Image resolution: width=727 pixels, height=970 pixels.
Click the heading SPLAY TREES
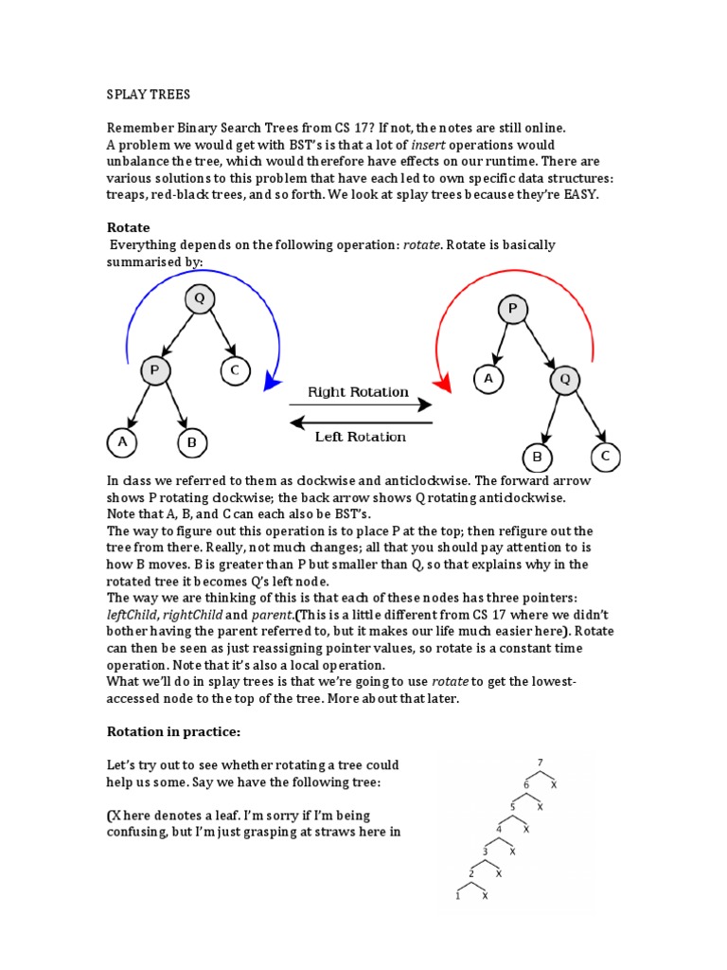[x=149, y=95]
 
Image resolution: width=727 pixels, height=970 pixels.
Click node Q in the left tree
[x=199, y=299]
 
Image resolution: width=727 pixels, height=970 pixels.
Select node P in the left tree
[x=155, y=370]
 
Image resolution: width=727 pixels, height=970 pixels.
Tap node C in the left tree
[x=234, y=370]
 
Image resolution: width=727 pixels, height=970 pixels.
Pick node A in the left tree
[x=122, y=441]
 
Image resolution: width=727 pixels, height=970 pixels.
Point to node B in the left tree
[x=192, y=441]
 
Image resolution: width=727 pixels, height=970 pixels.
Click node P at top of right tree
[x=513, y=310]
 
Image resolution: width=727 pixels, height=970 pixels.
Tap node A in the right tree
[x=488, y=380]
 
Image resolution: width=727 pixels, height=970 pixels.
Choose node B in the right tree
[x=538, y=458]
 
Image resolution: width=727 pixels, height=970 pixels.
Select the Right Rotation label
[x=359, y=392]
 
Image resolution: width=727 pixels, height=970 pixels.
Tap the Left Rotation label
[x=360, y=437]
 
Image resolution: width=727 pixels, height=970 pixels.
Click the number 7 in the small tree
[x=541, y=763]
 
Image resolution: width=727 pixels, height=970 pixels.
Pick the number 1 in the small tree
[x=458, y=895]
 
